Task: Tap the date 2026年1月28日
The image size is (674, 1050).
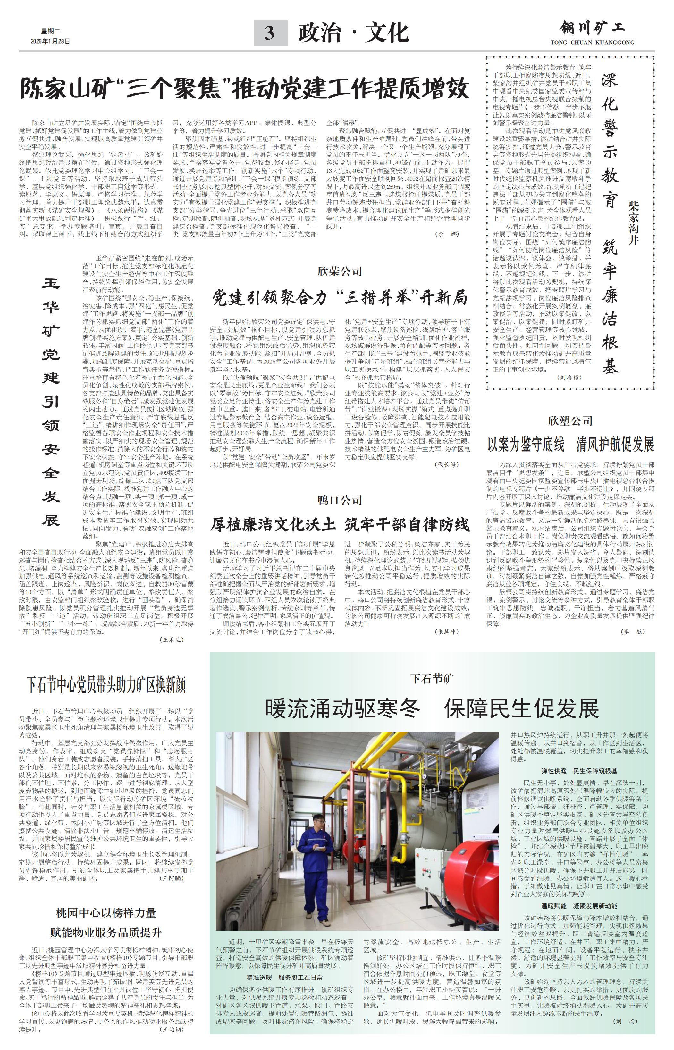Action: tap(50, 42)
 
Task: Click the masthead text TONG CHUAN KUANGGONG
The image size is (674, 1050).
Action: tap(592, 42)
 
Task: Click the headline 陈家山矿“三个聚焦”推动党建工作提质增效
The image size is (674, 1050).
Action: tap(245, 89)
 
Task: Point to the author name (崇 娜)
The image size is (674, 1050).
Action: tap(447, 234)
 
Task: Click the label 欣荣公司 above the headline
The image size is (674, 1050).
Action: tap(340, 271)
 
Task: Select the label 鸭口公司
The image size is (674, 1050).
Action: tap(340, 500)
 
